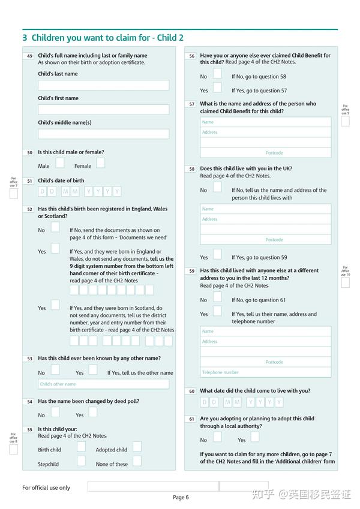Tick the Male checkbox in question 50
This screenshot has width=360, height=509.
[59, 163]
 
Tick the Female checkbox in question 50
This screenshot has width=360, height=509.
[100, 163]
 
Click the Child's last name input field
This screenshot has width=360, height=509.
[103, 85]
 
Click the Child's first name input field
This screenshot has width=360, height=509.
[103, 110]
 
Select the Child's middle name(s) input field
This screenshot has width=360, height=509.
[103, 134]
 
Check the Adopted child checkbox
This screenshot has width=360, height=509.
[137, 447]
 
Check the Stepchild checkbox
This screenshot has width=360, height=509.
[81, 461]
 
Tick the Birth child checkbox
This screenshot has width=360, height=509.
[81, 447]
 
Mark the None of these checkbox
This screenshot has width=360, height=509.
[137, 461]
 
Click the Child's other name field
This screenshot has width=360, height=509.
[103, 384]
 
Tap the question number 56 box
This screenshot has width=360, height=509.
[191, 56]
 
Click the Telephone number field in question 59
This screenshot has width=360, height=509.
[265, 372]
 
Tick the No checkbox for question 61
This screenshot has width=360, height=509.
[217, 437]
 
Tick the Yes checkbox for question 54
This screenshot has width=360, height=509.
[92, 412]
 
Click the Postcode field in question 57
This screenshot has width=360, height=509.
[265, 153]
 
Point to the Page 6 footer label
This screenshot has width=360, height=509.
[181, 497]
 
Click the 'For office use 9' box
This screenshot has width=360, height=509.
[345, 122]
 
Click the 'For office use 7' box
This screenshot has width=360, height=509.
[13, 194]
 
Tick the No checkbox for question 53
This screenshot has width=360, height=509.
[55, 370]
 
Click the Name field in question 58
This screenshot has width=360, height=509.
[265, 209]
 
